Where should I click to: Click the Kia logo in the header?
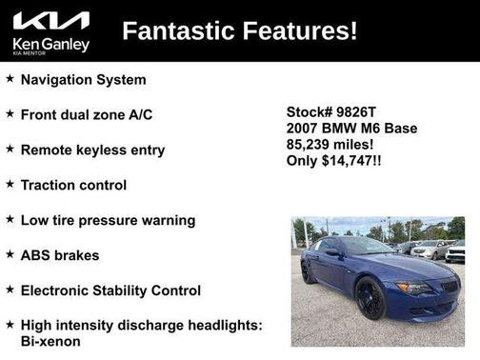tap(51, 20)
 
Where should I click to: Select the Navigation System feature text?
tap(84, 80)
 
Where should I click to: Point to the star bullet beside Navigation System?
tap(10, 79)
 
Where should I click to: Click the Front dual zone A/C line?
tap(87, 114)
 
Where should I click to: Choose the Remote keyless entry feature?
tap(92, 150)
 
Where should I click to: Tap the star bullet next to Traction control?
tap(10, 184)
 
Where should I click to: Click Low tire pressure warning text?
tap(108, 220)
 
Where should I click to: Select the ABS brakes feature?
tap(60, 255)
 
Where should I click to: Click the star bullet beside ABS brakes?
tap(10, 254)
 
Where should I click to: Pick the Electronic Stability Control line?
tap(110, 290)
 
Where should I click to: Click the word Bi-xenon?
tap(50, 341)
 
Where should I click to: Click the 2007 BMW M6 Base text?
tap(351, 128)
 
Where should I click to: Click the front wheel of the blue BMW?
tap(370, 297)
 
